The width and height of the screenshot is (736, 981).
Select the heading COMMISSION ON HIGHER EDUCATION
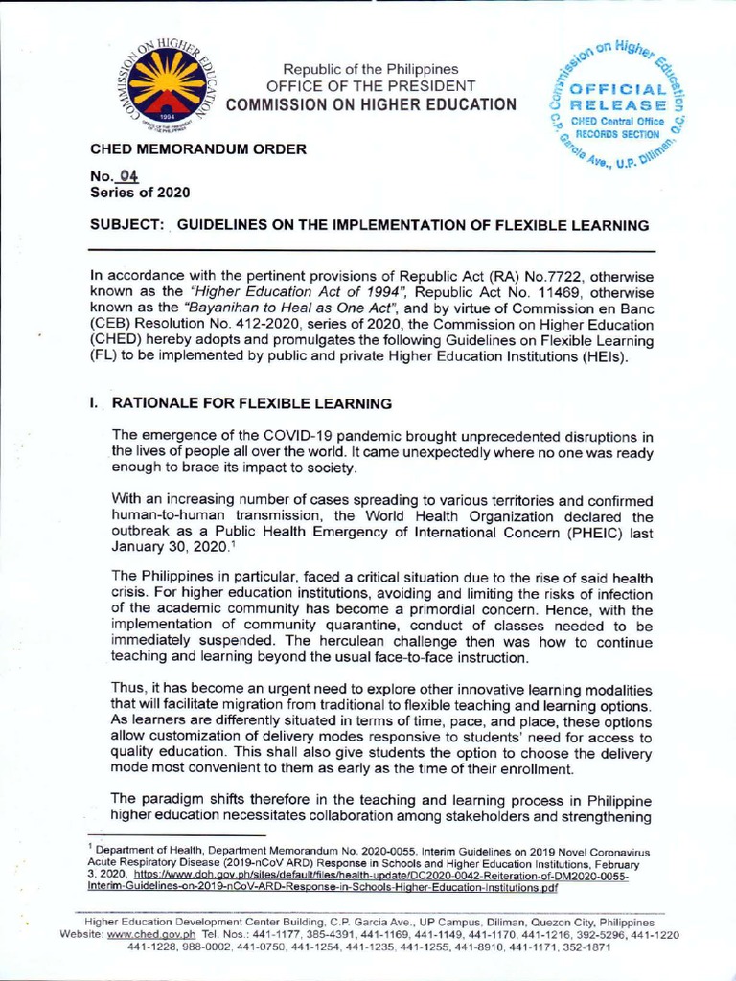pyautogui.click(x=370, y=104)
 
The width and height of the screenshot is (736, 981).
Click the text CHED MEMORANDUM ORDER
pyautogui.click(x=198, y=149)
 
